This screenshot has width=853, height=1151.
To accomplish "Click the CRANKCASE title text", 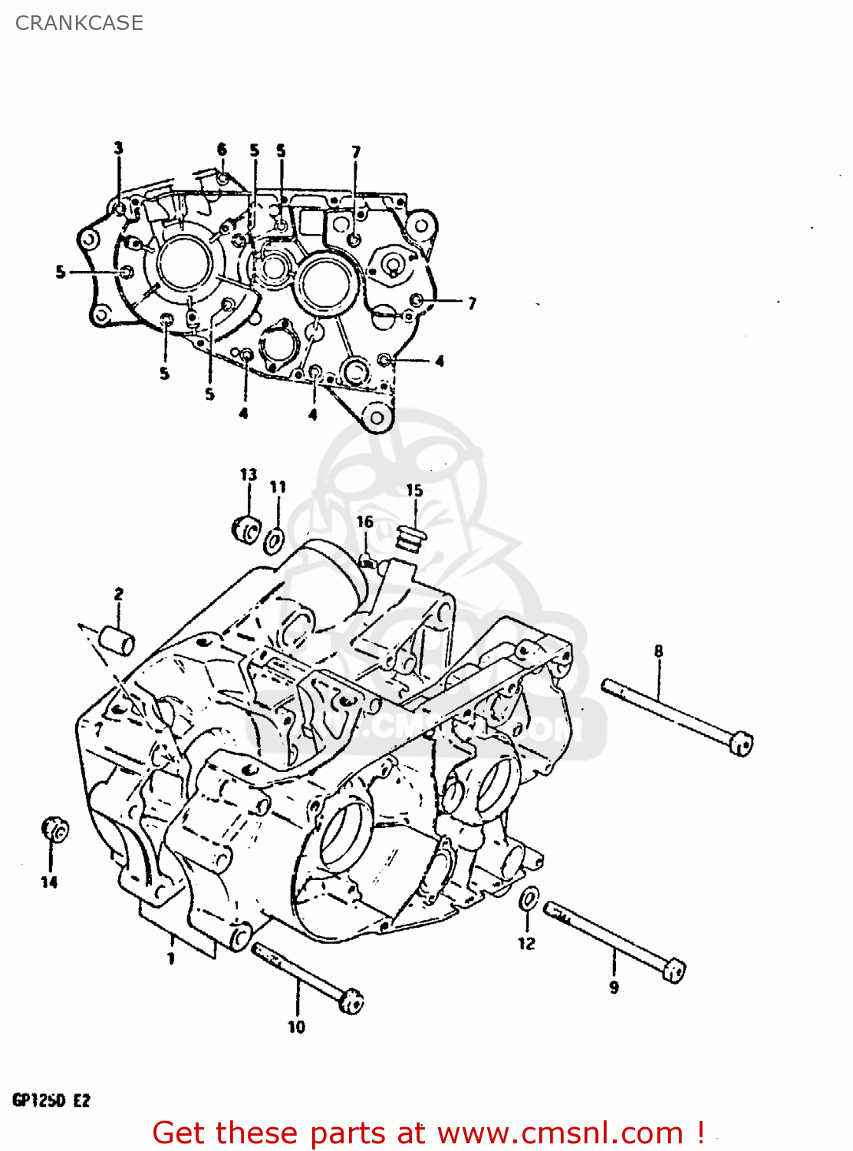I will (x=79, y=23).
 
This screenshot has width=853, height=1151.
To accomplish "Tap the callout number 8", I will (x=658, y=651).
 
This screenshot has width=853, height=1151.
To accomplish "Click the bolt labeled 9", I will (x=614, y=941).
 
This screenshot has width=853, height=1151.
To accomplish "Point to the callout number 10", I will (x=297, y=1027).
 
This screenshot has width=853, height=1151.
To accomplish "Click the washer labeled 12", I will (x=529, y=899).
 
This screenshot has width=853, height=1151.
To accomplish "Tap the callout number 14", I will (x=49, y=882).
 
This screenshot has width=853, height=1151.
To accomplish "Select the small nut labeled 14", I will (x=54, y=829).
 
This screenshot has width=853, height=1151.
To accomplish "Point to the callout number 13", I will (x=249, y=474).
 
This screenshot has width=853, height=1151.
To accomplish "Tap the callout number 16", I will (x=364, y=522).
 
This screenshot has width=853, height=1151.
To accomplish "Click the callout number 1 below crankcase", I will (x=171, y=958).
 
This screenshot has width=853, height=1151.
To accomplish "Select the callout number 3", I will (x=118, y=148).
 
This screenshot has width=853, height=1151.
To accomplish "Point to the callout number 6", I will (x=222, y=149).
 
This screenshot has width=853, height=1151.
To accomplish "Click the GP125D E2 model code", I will (x=51, y=1100).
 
